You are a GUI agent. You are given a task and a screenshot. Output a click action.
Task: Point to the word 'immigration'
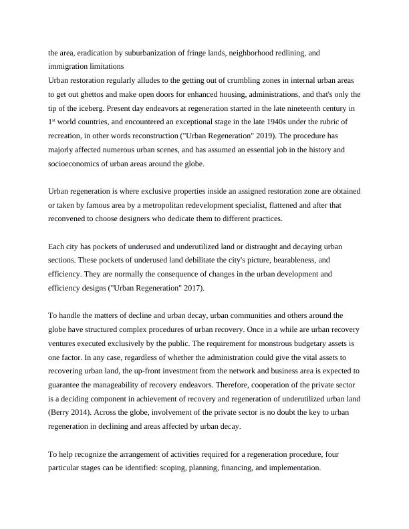(x=71, y=65)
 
